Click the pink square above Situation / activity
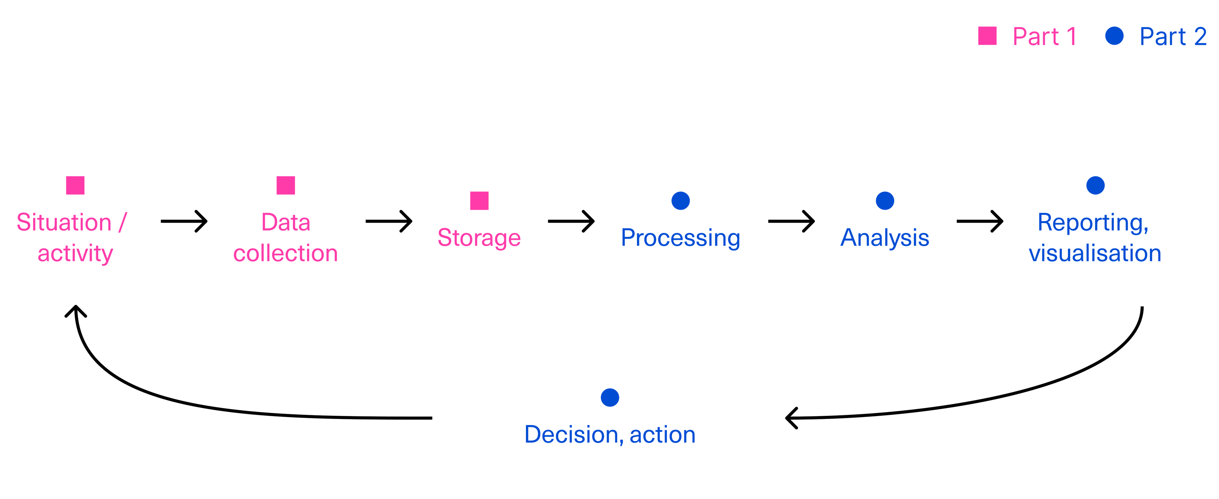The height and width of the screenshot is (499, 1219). point(75,185)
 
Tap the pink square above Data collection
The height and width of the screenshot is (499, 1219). point(286,185)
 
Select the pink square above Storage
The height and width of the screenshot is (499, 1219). point(479,201)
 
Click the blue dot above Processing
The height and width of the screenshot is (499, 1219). point(681,201)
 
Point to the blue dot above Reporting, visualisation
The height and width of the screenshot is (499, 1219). point(1095,185)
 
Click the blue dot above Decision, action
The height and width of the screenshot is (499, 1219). point(609,398)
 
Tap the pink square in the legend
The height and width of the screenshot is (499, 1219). point(987,36)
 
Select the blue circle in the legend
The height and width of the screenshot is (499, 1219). point(1114,36)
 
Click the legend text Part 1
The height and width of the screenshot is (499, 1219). point(1044,37)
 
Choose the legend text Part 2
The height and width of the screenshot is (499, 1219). point(1173,37)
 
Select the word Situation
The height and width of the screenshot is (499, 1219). point(64,223)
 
